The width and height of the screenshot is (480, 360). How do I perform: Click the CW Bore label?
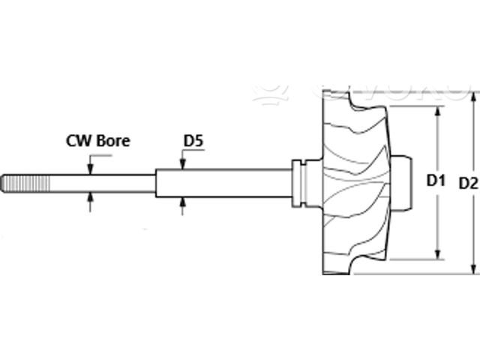click(x=98, y=140)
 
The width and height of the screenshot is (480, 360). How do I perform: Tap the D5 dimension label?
click(x=194, y=140)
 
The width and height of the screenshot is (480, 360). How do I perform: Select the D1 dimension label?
click(x=436, y=181)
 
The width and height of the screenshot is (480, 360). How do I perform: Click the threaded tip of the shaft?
click(x=19, y=182)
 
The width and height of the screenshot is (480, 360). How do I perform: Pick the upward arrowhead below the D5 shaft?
click(x=182, y=202)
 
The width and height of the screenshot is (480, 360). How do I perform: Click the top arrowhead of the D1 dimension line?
click(x=436, y=110)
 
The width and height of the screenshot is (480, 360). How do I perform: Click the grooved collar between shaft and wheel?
click(x=301, y=182)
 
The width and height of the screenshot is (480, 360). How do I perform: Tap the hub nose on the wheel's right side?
click(x=403, y=182)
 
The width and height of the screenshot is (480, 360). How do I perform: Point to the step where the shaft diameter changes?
click(x=156, y=182)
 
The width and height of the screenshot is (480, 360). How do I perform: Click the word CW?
click(x=78, y=140)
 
